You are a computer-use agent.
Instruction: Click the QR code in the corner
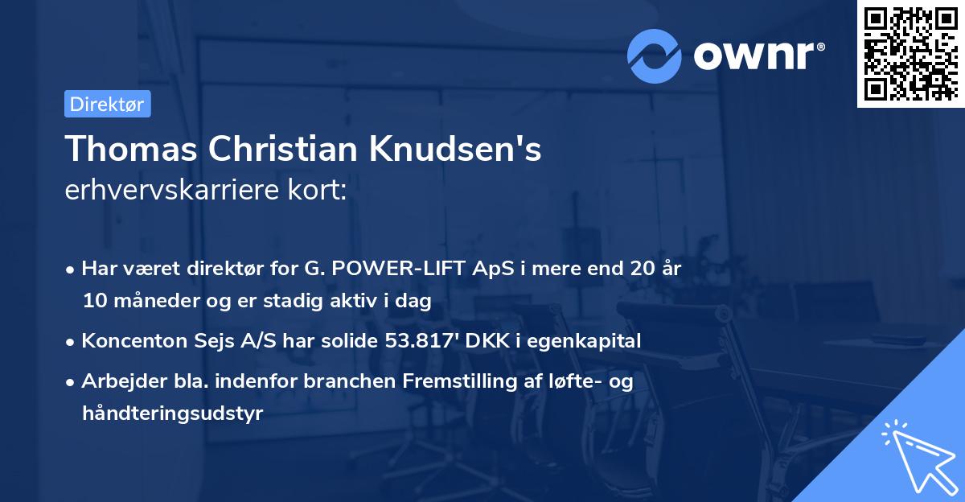(x=910, y=53)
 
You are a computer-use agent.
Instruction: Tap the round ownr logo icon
(x=655, y=56)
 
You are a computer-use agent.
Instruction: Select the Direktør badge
(x=106, y=104)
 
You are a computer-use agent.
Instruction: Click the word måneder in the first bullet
(x=145, y=301)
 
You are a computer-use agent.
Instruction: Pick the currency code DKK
(x=485, y=341)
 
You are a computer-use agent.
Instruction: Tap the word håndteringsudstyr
(x=172, y=414)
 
